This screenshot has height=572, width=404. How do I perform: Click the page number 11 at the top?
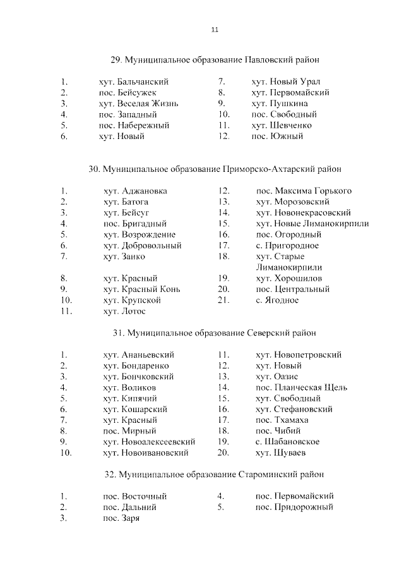pyautogui.click(x=215, y=30)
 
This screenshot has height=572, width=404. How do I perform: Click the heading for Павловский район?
pyautogui.click(x=215, y=60)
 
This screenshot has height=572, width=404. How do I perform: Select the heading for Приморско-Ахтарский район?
pyautogui.click(x=215, y=169)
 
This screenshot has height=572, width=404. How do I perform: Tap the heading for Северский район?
pyautogui.click(x=215, y=332)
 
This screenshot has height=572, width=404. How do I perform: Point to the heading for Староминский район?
pyautogui.click(x=215, y=474)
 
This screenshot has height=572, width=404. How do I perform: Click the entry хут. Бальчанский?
pyautogui.click(x=134, y=82)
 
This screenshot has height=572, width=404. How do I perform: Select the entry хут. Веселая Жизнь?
pyautogui.click(x=139, y=103)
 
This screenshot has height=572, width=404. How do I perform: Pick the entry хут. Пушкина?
pyautogui.click(x=280, y=103)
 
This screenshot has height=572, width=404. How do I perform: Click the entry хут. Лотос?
pyautogui.click(x=124, y=311)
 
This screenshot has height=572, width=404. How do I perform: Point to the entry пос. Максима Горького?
pyautogui.click(x=304, y=190)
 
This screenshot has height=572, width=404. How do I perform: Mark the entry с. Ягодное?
pyautogui.click(x=277, y=300)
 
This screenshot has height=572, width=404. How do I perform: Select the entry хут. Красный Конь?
pyautogui.click(x=142, y=289)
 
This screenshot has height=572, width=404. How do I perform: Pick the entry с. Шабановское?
pyautogui.click(x=287, y=442)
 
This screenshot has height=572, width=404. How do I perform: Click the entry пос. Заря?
pyautogui.click(x=121, y=518)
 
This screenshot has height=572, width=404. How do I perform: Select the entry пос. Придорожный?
pyautogui.click(x=294, y=507)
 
